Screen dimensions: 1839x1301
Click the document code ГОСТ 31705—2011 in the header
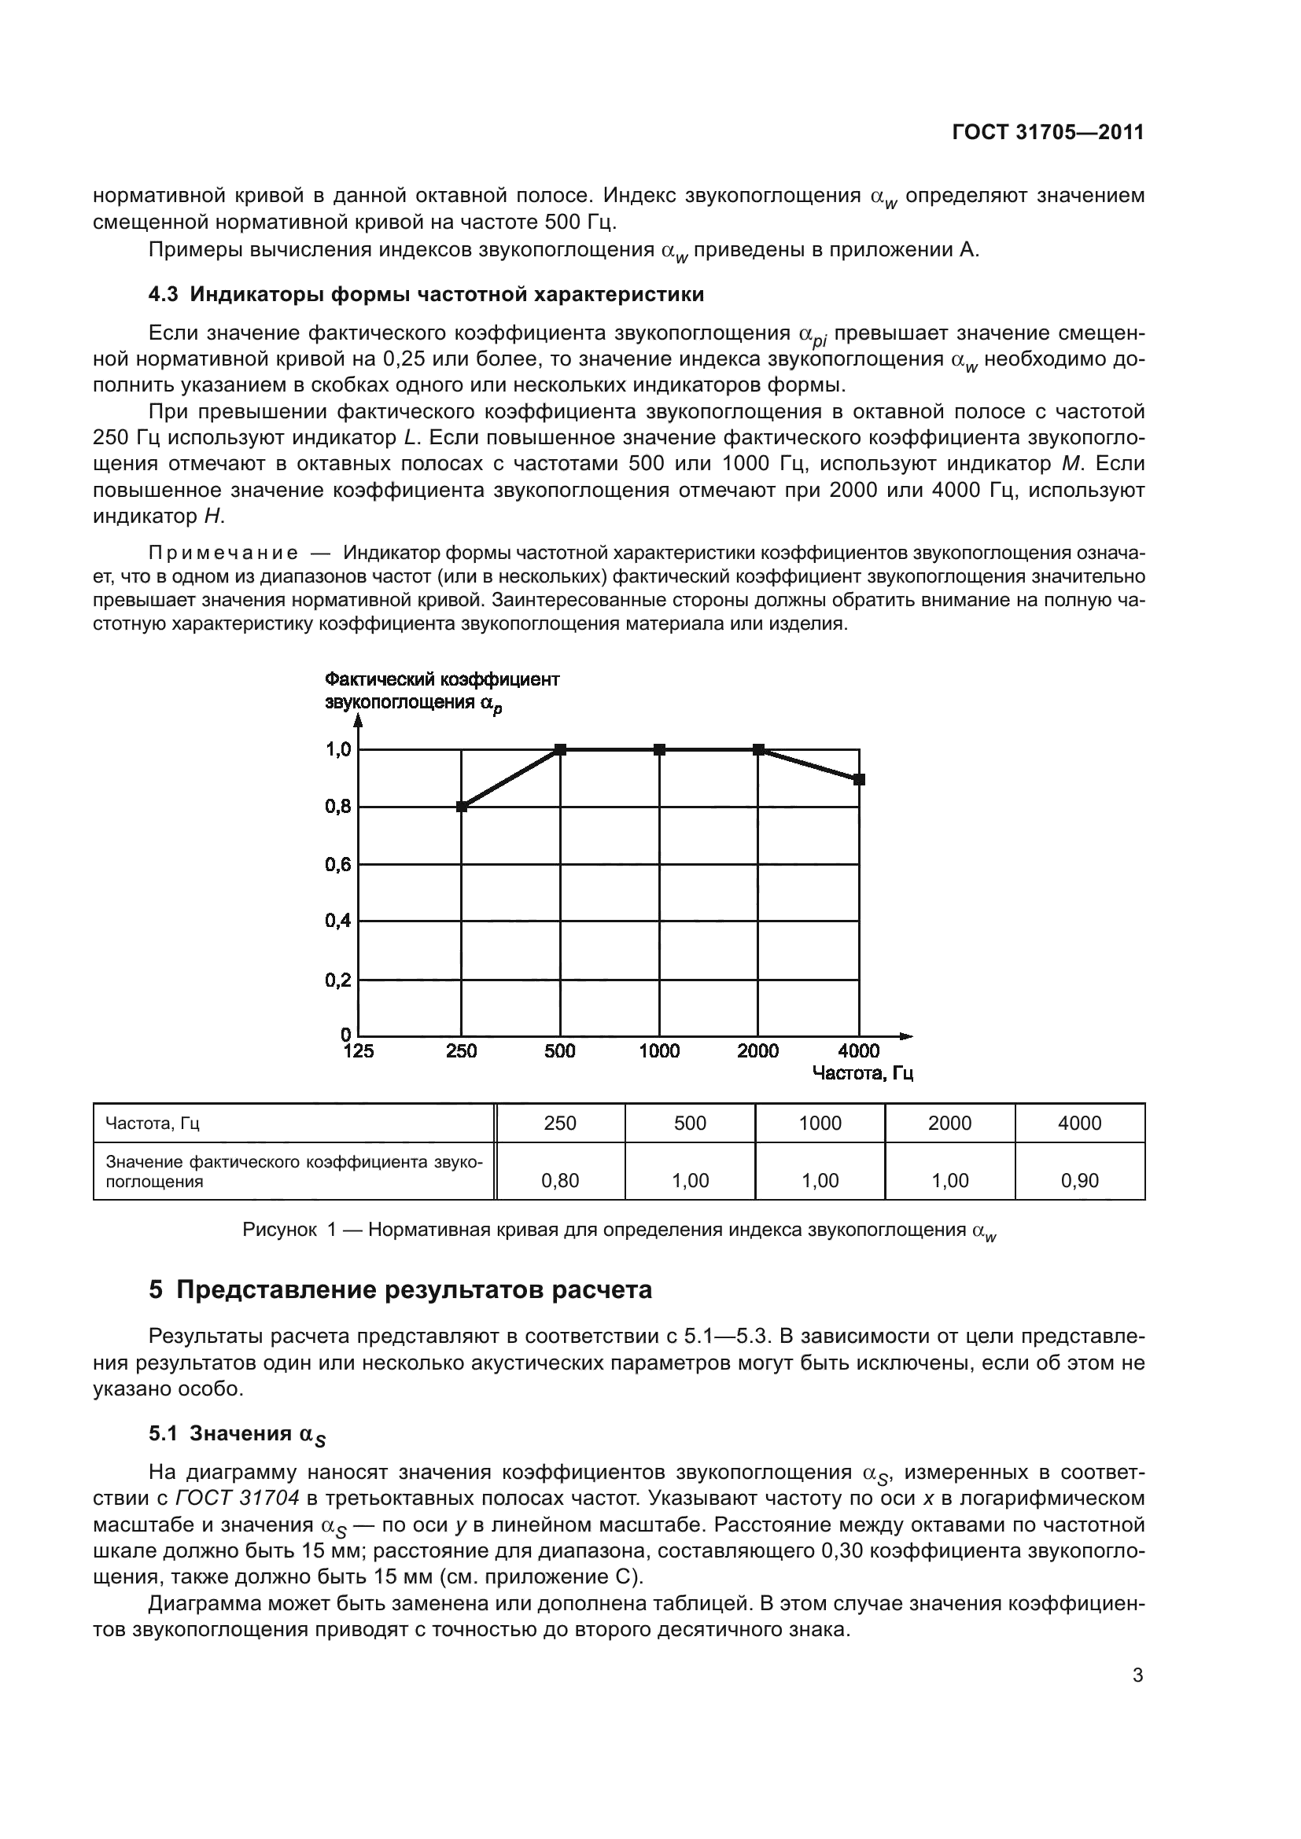[x=1048, y=133]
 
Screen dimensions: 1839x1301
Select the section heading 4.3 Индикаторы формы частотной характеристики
[x=426, y=295]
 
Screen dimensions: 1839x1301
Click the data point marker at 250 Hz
[x=462, y=807]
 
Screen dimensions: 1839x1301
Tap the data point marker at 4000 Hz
[x=859, y=779]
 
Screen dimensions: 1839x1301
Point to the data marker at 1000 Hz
[x=659, y=750]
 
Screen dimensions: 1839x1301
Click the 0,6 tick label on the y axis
[x=338, y=865]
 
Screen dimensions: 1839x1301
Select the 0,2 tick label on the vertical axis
[x=338, y=980]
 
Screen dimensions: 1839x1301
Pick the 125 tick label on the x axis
[x=358, y=1052]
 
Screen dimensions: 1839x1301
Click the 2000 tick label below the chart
[x=757, y=1052]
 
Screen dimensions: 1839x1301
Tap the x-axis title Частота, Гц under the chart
[x=862, y=1073]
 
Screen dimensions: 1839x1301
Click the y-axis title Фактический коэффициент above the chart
[x=441, y=680]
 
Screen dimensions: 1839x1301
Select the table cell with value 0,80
[x=560, y=1181]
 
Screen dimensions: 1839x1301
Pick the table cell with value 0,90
[x=1079, y=1181]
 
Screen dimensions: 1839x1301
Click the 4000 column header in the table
[x=1079, y=1123]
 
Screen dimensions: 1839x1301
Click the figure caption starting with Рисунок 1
[x=618, y=1230]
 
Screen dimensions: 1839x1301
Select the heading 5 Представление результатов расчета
[x=400, y=1290]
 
